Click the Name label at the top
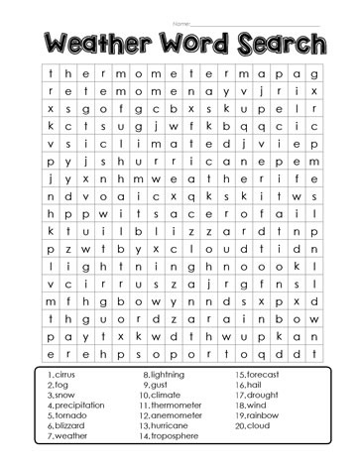pyautogui.click(x=180, y=22)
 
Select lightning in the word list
pyautogui.click(x=171, y=374)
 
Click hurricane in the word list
pyautogui.click(x=173, y=425)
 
